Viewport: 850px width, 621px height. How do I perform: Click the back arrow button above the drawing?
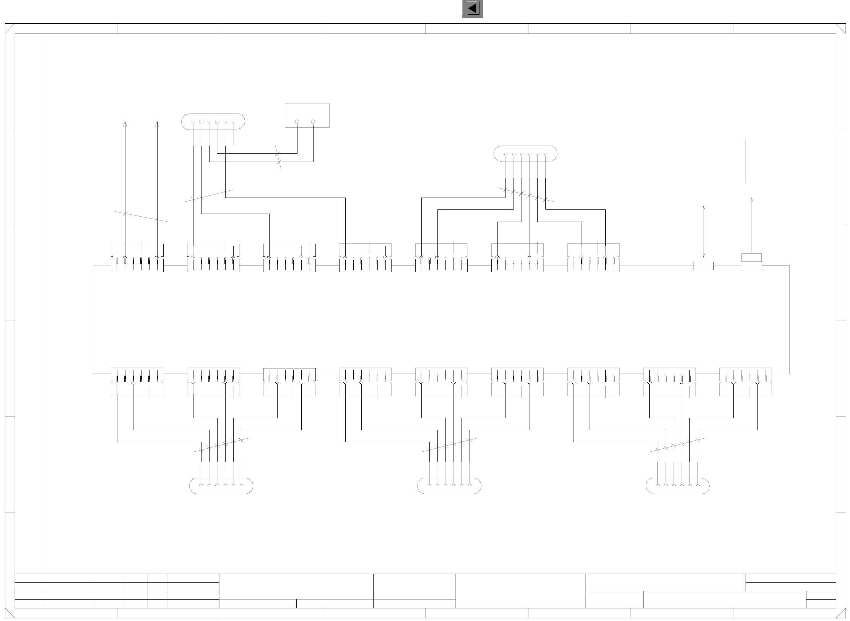(x=472, y=9)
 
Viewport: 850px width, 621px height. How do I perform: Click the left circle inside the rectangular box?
(x=297, y=122)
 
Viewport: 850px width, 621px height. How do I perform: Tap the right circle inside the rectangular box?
(x=313, y=122)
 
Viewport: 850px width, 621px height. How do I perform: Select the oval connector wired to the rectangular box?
(x=213, y=122)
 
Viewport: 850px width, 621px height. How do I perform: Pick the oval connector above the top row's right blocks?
(x=525, y=154)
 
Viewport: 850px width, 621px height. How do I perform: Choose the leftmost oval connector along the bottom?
(x=221, y=486)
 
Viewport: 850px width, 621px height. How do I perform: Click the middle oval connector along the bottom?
(x=449, y=486)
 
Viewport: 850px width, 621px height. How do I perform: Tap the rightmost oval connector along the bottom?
(x=677, y=486)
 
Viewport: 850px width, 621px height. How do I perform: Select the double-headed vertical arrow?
(x=704, y=232)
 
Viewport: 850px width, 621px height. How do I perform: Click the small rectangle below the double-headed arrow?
(x=704, y=266)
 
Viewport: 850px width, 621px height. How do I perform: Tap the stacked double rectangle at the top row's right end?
(x=752, y=262)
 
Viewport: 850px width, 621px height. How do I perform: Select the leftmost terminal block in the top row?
(x=137, y=258)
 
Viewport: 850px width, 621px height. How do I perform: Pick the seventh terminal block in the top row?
(x=593, y=258)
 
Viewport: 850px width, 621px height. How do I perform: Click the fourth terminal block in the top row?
(x=365, y=258)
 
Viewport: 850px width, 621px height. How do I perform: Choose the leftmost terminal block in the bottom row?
(x=137, y=382)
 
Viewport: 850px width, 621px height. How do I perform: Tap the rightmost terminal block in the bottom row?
(x=745, y=382)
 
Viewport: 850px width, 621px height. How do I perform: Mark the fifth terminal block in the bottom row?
(x=441, y=382)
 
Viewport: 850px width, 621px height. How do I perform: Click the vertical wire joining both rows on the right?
(x=790, y=319)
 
